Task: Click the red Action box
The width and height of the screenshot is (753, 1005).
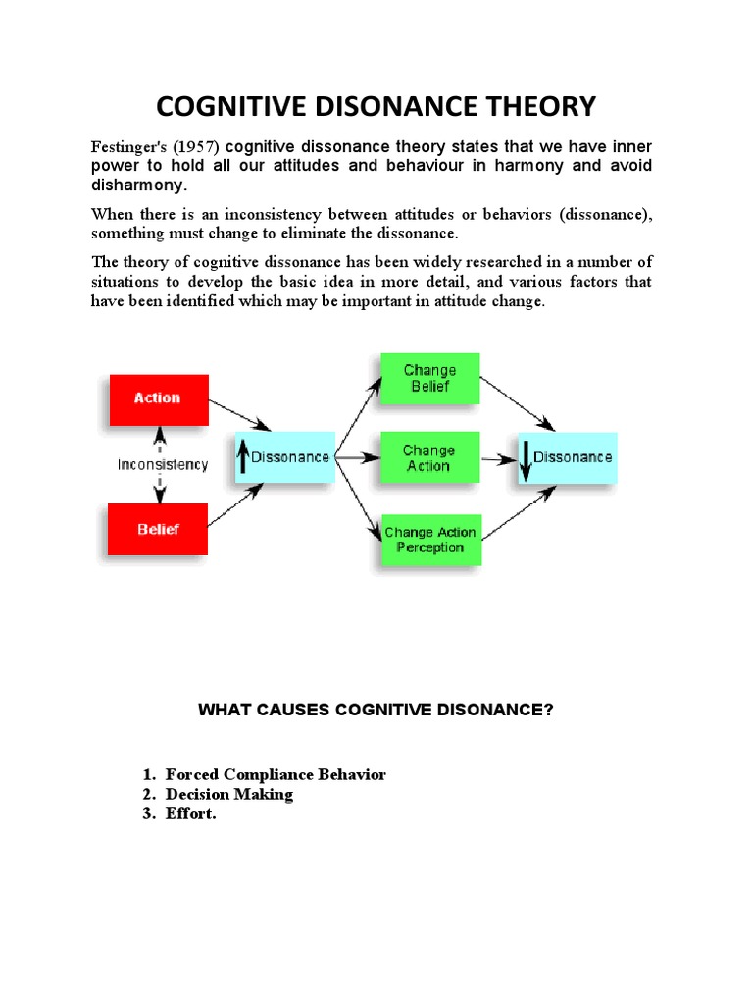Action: pos(158,399)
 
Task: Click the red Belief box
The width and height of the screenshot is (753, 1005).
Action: pos(158,529)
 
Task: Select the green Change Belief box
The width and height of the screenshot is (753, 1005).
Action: pos(429,379)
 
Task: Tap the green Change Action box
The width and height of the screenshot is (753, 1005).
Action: pos(429,458)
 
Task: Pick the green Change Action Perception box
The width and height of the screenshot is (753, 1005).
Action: pos(429,540)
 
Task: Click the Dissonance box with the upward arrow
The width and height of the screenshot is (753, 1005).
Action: pos(283,457)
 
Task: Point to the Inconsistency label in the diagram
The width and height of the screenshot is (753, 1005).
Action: pos(163,465)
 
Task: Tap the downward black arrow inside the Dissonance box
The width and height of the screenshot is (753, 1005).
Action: pos(526,459)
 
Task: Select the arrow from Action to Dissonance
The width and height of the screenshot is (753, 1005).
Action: pos(240,412)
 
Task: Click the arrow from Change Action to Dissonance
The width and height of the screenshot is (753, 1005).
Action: pos(499,458)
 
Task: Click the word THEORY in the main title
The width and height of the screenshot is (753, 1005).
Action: pos(530,105)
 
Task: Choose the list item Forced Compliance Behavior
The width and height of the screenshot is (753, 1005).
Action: pos(276,774)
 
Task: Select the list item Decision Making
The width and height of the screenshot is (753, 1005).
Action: pos(229,794)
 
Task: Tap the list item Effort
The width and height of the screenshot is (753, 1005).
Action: pos(191,814)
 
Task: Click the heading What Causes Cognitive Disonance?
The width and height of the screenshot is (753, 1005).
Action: pos(376,710)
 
